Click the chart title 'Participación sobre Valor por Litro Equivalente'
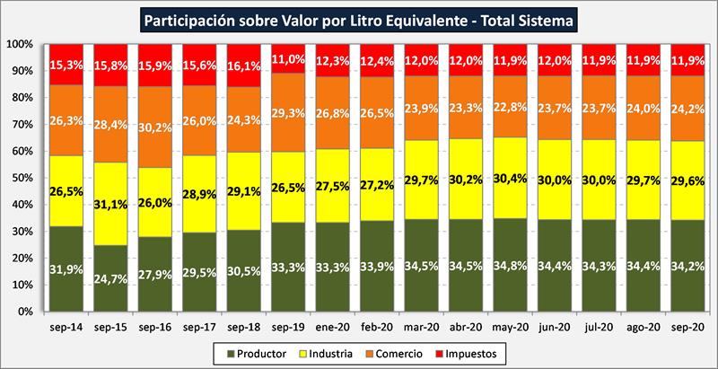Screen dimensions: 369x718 pos(359,17)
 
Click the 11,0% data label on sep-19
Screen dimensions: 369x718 pos(292,58)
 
